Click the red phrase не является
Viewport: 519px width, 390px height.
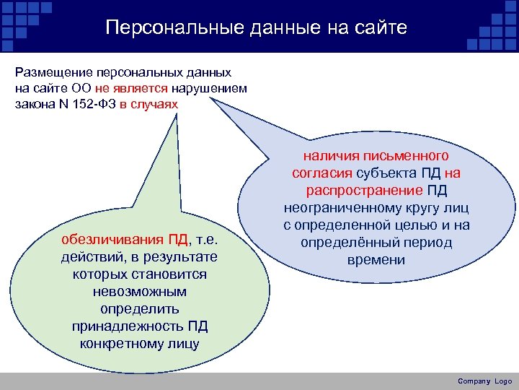click(x=130, y=89)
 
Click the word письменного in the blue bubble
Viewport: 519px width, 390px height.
click(x=410, y=157)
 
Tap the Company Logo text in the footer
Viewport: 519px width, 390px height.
click(x=484, y=381)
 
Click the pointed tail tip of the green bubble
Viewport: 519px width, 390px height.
click(x=177, y=114)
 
